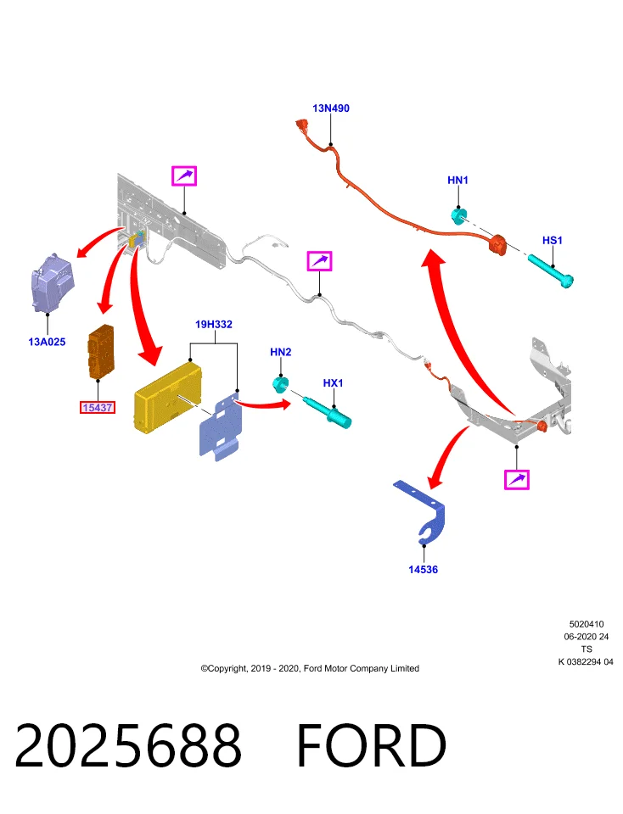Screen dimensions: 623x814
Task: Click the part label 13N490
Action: point(330,108)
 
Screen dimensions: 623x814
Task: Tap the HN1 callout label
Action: point(457,180)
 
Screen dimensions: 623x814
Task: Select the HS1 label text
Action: point(553,240)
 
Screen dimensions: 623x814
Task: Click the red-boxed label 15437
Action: point(97,408)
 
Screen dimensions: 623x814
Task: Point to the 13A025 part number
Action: point(47,342)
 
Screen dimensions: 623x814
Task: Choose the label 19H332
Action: point(214,324)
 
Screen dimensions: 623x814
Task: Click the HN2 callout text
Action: point(281,352)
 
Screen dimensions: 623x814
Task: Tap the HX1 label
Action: point(333,382)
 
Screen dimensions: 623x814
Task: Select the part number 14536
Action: point(423,570)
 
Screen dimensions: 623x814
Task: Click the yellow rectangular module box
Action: point(167,397)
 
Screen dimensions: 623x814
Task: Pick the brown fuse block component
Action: point(101,351)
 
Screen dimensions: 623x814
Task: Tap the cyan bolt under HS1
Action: point(551,269)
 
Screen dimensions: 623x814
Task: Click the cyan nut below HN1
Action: point(458,215)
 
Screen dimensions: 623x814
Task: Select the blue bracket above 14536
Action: point(421,511)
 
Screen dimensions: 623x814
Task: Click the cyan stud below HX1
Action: point(328,411)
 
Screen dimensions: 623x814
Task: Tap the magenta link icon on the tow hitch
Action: point(517,479)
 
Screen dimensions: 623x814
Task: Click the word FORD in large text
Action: point(372,745)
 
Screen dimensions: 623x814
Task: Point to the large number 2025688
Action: point(128,745)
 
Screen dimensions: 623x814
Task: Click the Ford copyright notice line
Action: point(310,668)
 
